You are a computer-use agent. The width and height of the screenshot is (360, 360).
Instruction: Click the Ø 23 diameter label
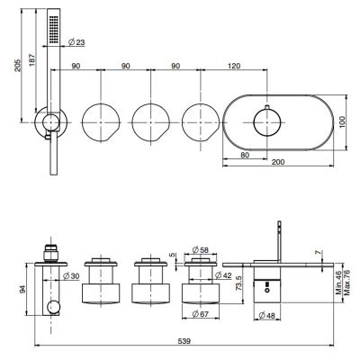tap(76, 42)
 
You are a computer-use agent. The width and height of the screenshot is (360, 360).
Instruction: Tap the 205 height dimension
tap(18, 65)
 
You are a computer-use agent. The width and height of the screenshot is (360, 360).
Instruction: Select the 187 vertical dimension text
tap(32, 59)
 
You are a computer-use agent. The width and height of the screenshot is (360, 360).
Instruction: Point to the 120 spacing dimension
tap(234, 66)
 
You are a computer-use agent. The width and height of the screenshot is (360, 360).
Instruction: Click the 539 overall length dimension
tap(184, 341)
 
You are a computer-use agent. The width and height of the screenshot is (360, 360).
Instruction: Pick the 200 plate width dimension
tap(278, 162)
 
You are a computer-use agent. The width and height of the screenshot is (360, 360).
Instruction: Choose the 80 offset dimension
tap(245, 155)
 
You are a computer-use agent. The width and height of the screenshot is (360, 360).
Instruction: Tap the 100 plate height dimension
tap(342, 122)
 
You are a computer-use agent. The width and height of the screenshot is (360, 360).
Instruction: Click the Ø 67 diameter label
tap(201, 314)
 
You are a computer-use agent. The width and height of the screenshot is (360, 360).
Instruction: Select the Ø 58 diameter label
tap(201, 249)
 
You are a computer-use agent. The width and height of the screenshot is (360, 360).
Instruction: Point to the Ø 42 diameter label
tap(223, 274)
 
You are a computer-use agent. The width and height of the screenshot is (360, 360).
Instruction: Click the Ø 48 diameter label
tap(266, 316)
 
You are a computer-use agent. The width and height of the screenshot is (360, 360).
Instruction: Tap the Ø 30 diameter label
tap(71, 275)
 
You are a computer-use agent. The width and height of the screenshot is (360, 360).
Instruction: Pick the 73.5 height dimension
tap(238, 283)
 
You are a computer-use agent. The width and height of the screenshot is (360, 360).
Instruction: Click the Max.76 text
tap(347, 283)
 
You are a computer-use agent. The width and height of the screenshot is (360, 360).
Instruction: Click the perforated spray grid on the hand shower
tap(54, 29)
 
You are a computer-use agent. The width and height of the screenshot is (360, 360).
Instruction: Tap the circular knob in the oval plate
tap(266, 122)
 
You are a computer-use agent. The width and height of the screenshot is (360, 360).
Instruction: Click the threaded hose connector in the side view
tap(50, 253)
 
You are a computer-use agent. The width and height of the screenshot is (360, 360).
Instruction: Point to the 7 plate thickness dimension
tap(318, 253)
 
